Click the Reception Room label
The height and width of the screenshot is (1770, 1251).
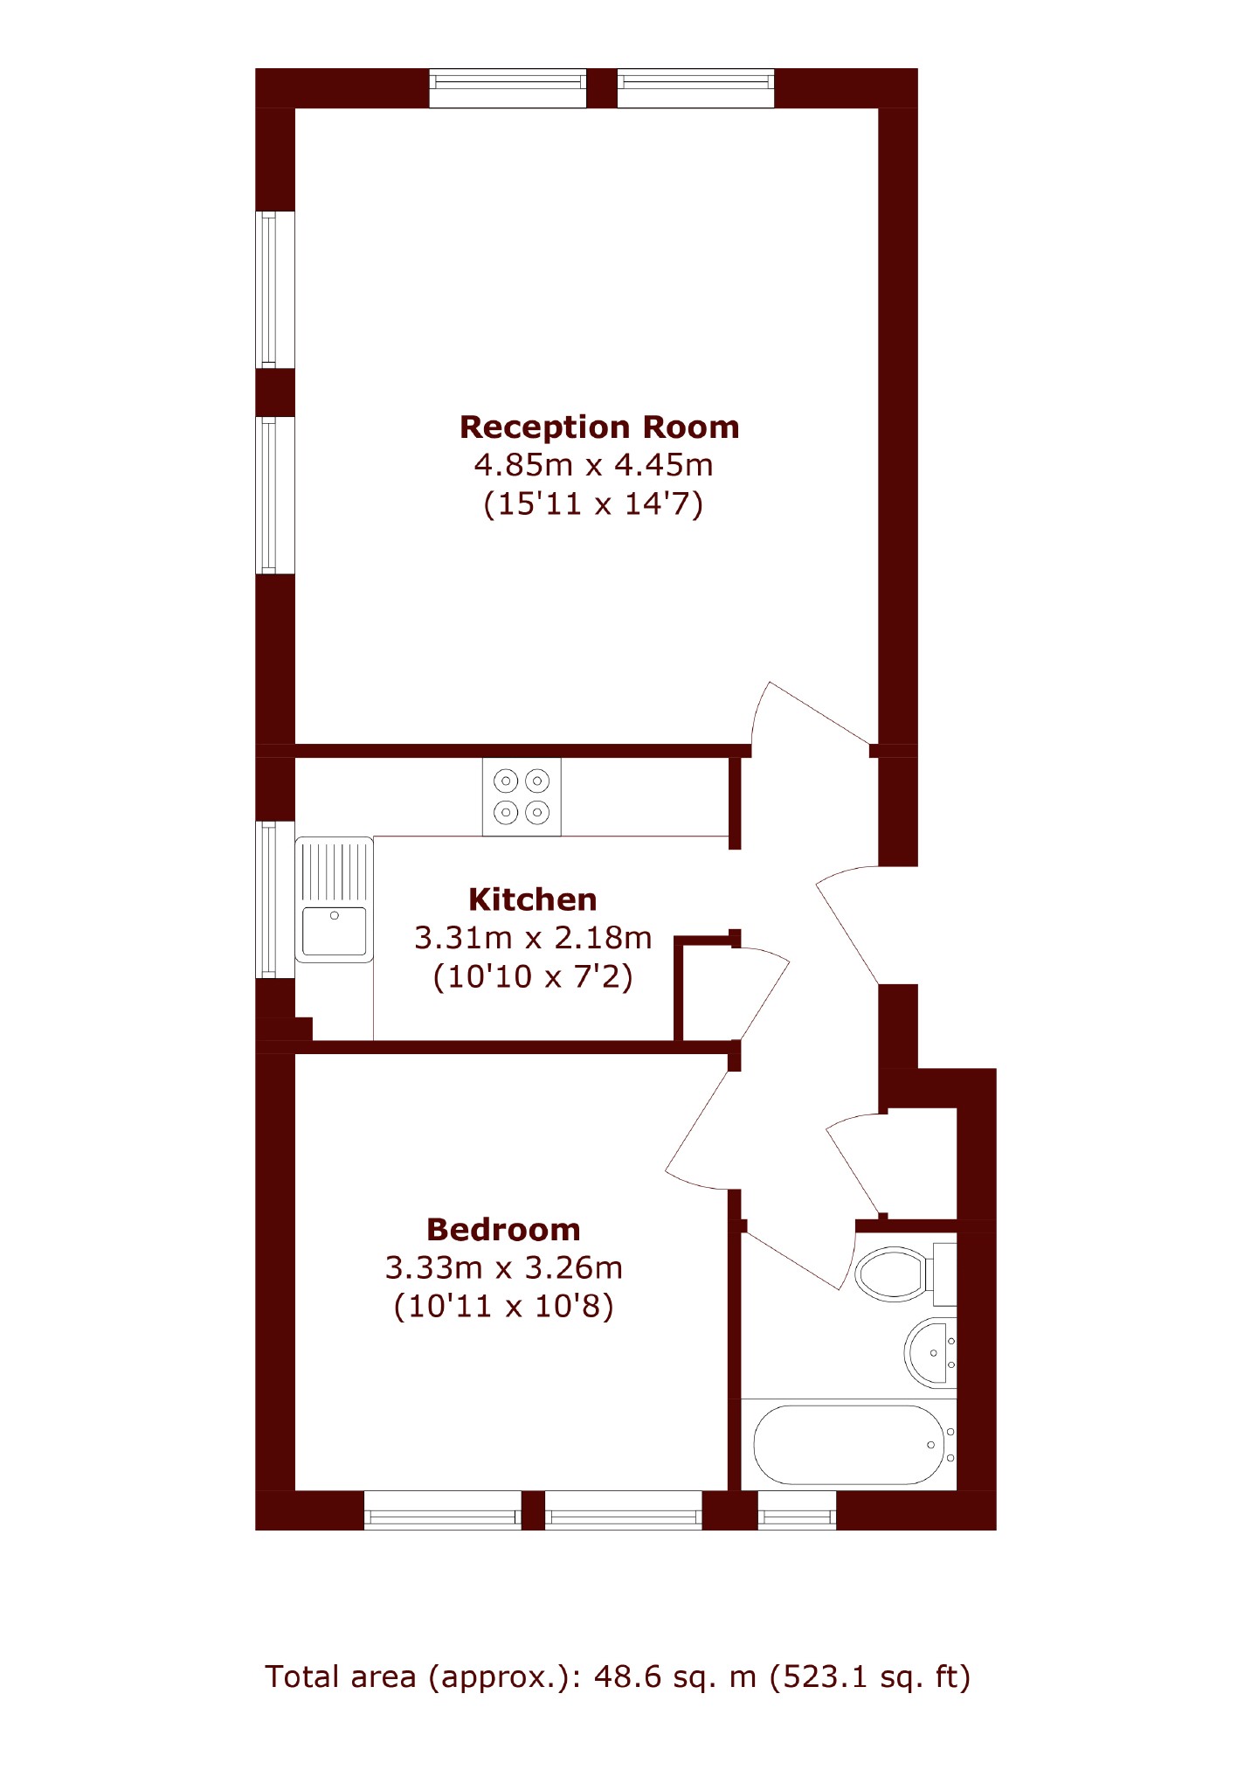599,427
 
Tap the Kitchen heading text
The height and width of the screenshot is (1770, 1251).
533,899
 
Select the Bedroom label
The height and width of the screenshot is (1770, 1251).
503,1230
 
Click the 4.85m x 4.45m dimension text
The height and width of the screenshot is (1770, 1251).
594,465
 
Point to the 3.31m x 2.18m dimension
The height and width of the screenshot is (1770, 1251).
533,938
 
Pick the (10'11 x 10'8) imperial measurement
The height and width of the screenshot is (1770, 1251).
504,1307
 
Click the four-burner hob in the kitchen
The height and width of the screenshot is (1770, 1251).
522,796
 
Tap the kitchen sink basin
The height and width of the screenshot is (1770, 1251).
335,931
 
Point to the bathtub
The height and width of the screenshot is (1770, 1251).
849,1445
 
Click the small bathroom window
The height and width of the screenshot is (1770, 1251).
797,1510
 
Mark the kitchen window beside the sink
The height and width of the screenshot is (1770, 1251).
274,899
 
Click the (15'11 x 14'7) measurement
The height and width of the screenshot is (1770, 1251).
594,504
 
